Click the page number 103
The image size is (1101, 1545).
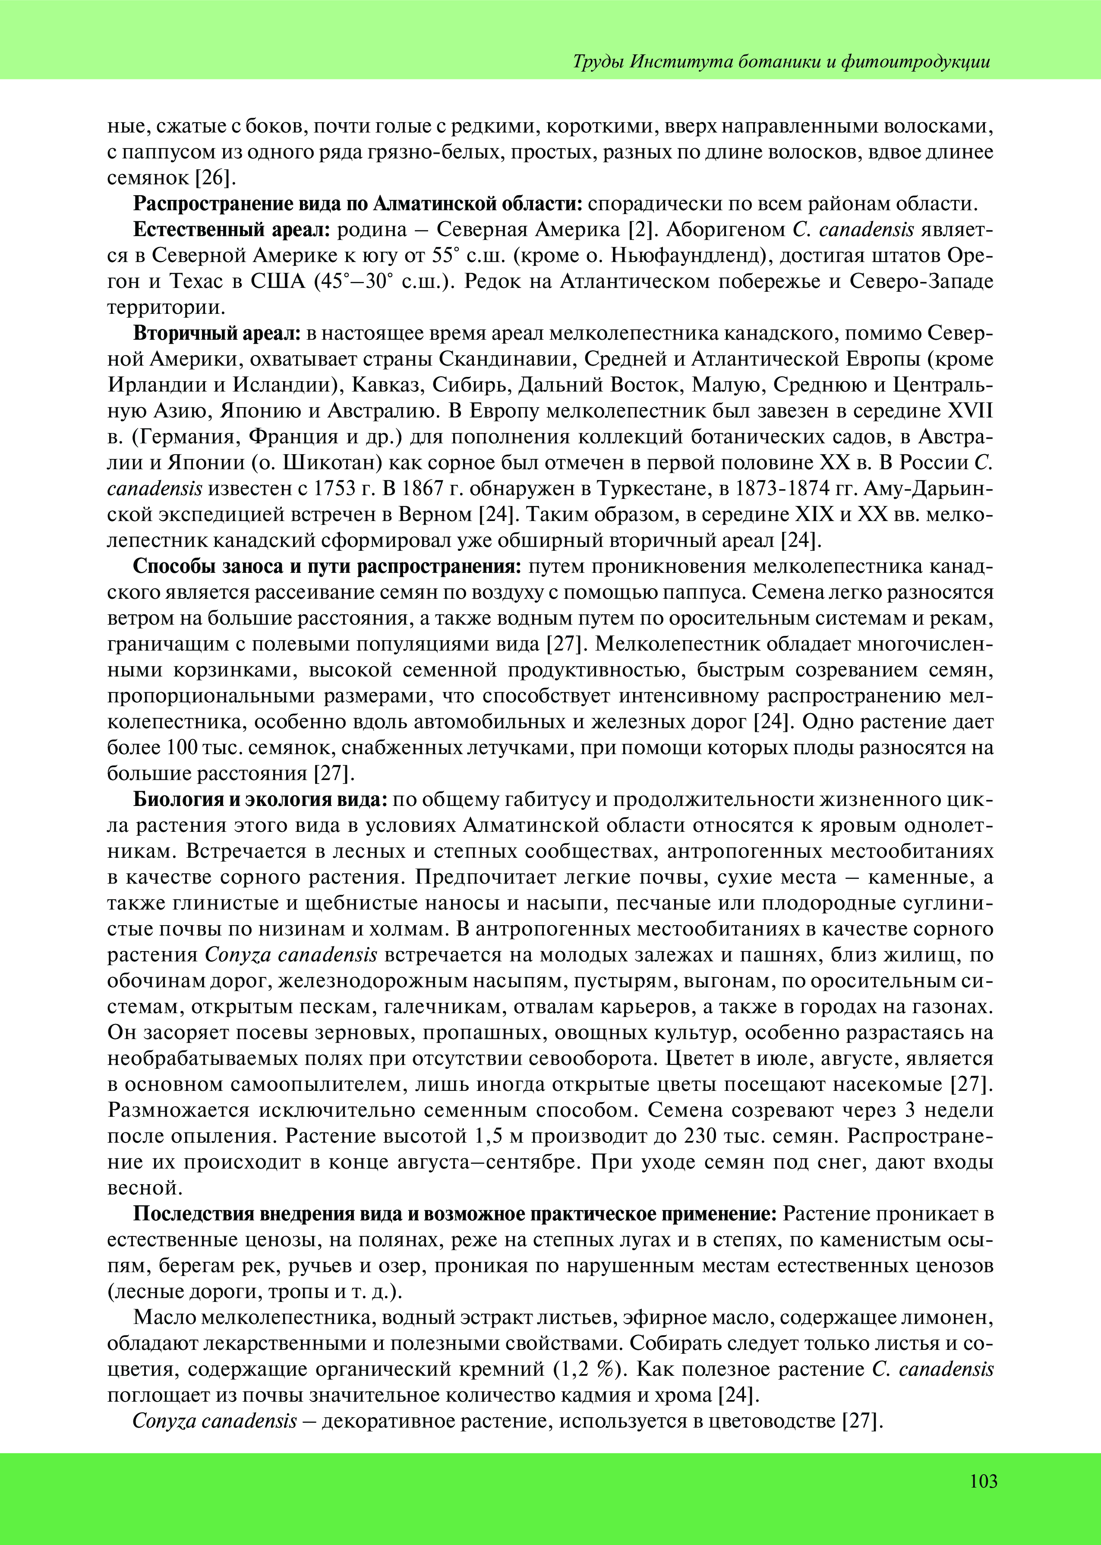tap(983, 1481)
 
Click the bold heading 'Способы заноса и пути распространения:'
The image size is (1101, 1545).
tap(327, 567)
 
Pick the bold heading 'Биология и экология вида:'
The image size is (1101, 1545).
tap(260, 800)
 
